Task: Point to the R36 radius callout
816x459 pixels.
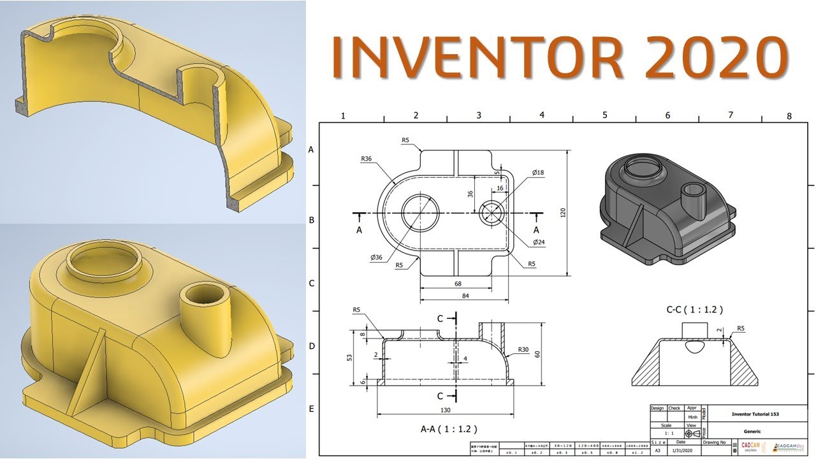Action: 367,159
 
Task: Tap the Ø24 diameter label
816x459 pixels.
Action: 540,242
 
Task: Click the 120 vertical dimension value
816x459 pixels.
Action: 563,213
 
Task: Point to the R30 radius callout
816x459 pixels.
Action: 523,349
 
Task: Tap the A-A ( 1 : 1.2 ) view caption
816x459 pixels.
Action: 449,429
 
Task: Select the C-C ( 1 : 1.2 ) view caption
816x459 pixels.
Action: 694,310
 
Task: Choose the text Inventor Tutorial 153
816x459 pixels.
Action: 752,414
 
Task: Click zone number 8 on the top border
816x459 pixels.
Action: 789,116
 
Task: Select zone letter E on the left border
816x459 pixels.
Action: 311,409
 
